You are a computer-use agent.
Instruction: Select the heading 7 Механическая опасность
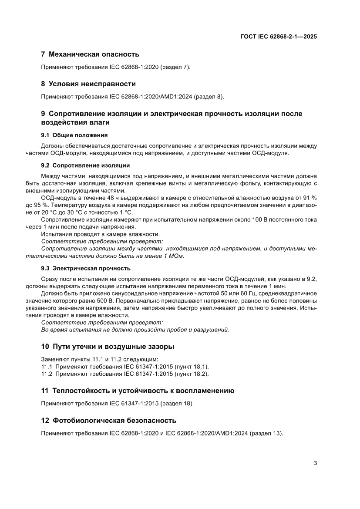click(x=90, y=54)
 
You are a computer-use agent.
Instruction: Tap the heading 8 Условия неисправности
click(x=88, y=84)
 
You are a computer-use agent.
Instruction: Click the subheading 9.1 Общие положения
click(x=74, y=135)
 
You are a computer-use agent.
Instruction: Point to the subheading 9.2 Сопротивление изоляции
click(x=85, y=166)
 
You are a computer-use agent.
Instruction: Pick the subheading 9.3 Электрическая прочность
click(x=85, y=268)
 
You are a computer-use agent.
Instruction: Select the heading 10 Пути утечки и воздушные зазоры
click(x=108, y=347)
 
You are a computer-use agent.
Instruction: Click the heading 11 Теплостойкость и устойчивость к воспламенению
click(x=138, y=391)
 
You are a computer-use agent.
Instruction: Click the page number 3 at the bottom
click(x=315, y=463)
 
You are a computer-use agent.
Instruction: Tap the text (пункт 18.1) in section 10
click(x=192, y=367)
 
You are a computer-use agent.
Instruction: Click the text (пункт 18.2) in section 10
click(x=192, y=374)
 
